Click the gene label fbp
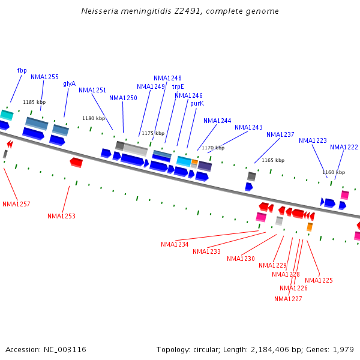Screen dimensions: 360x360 (x=22, y=70)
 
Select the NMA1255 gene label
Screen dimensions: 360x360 (x=45, y=77)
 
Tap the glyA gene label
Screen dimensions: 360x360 (x=70, y=83)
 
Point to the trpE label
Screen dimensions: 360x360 (x=178, y=86)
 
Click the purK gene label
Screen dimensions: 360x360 (x=197, y=103)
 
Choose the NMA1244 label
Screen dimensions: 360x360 (x=217, y=121)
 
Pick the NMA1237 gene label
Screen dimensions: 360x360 (x=280, y=134)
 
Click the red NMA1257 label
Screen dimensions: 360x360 (x=16, y=204)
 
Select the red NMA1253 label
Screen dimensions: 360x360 (x=62, y=216)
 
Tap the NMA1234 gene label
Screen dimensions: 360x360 (x=175, y=244)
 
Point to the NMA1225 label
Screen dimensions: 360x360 (x=319, y=280)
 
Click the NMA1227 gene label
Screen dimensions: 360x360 (x=288, y=299)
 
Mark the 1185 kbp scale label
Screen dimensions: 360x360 (x=33, y=102)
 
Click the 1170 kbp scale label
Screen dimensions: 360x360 (x=213, y=148)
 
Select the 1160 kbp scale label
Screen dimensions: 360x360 (x=334, y=172)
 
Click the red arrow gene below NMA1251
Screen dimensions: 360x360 (x=76, y=162)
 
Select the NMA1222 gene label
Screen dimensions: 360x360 (x=344, y=147)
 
